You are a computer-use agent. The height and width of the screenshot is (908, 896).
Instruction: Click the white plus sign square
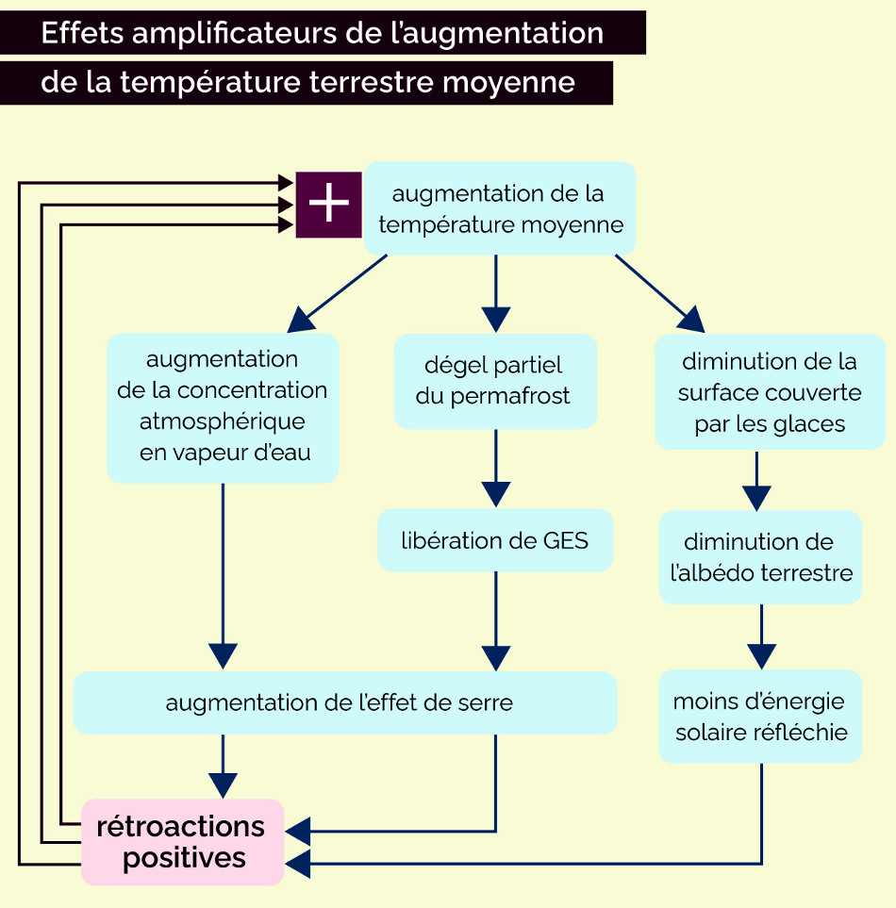(x=328, y=205)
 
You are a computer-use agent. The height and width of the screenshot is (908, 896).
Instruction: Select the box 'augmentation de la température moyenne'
(x=499, y=209)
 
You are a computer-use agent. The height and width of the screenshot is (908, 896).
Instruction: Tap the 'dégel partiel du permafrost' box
(x=494, y=381)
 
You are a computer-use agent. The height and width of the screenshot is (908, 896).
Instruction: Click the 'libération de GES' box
(x=494, y=540)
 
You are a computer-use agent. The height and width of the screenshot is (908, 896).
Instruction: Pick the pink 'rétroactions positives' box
(x=182, y=842)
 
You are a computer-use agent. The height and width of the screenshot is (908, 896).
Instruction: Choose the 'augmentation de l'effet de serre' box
(x=344, y=702)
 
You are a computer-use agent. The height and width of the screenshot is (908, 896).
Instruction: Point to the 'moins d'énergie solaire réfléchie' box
(x=760, y=717)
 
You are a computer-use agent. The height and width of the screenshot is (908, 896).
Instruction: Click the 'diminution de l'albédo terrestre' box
(x=760, y=556)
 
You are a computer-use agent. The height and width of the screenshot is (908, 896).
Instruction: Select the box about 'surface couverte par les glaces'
(x=770, y=391)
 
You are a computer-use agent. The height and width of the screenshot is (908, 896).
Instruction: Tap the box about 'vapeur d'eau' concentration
(x=223, y=406)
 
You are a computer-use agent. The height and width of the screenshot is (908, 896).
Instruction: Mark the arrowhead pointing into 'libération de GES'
(x=495, y=495)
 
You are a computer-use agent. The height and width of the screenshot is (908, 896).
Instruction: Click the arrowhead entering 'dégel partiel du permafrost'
(x=495, y=320)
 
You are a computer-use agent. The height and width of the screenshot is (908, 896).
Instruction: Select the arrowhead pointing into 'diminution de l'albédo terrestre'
(x=756, y=497)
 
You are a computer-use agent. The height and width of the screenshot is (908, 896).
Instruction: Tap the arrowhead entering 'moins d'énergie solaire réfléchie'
(x=761, y=656)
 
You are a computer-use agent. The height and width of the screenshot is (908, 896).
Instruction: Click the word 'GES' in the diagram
(x=566, y=540)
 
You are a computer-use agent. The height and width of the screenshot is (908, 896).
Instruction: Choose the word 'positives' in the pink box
(x=184, y=858)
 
